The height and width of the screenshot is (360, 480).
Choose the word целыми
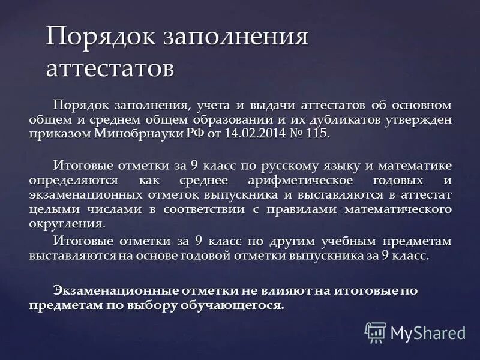coord(50,209)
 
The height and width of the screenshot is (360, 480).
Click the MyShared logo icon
coord(376,332)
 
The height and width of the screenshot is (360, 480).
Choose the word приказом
coord(59,133)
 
